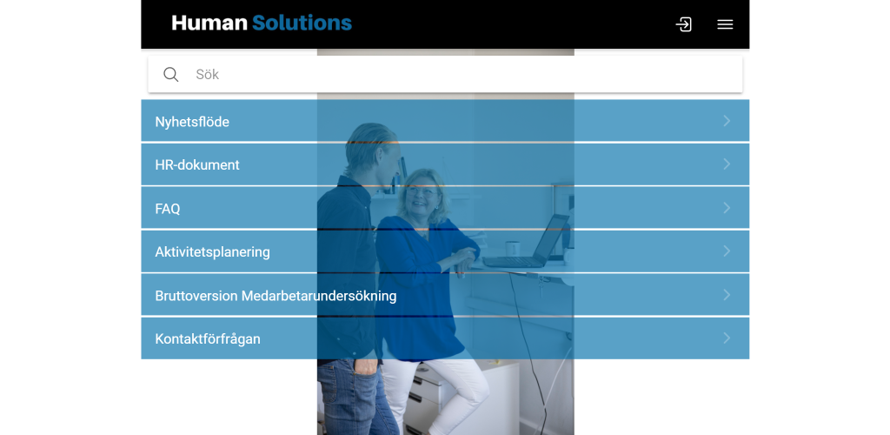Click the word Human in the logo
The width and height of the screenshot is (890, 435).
coord(209,23)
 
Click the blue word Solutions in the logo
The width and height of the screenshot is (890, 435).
coord(302,23)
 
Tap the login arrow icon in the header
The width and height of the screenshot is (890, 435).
coord(683,24)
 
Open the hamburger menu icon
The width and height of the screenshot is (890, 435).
coord(725,24)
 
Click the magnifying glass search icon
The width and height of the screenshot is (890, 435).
coord(171,75)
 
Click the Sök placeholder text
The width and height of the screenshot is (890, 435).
coord(207,75)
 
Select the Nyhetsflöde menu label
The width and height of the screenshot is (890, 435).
coord(192,122)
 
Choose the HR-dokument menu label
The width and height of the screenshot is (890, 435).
coord(197,164)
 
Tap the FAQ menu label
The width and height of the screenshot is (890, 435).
coord(168,209)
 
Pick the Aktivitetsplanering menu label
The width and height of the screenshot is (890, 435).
coord(212,251)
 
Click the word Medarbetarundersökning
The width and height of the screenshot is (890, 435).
coord(319,295)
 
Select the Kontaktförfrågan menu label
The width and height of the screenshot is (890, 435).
coord(208,338)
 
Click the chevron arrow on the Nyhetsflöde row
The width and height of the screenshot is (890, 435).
coord(727,120)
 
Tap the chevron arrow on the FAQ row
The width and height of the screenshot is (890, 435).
coord(727,208)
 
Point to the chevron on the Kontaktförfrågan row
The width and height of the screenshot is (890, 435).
coord(727,338)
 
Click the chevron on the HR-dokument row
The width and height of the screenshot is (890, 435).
coord(727,164)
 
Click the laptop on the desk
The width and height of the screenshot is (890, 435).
coord(526,243)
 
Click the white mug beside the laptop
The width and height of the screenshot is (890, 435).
coord(513,248)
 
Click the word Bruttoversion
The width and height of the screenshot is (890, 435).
coord(196,295)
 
